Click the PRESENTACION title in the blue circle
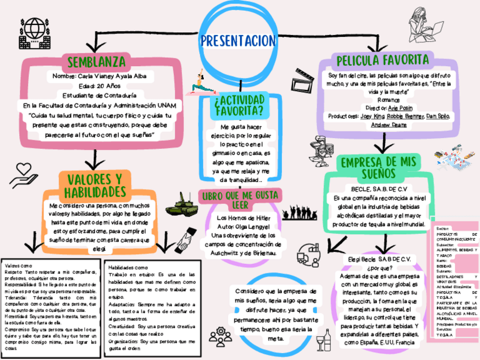coord(238,41)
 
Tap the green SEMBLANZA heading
coord(96,62)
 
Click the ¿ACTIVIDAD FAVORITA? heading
coord(238,105)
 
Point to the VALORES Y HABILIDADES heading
coord(96,185)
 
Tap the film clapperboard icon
coord(305,79)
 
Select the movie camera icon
coord(316,148)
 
